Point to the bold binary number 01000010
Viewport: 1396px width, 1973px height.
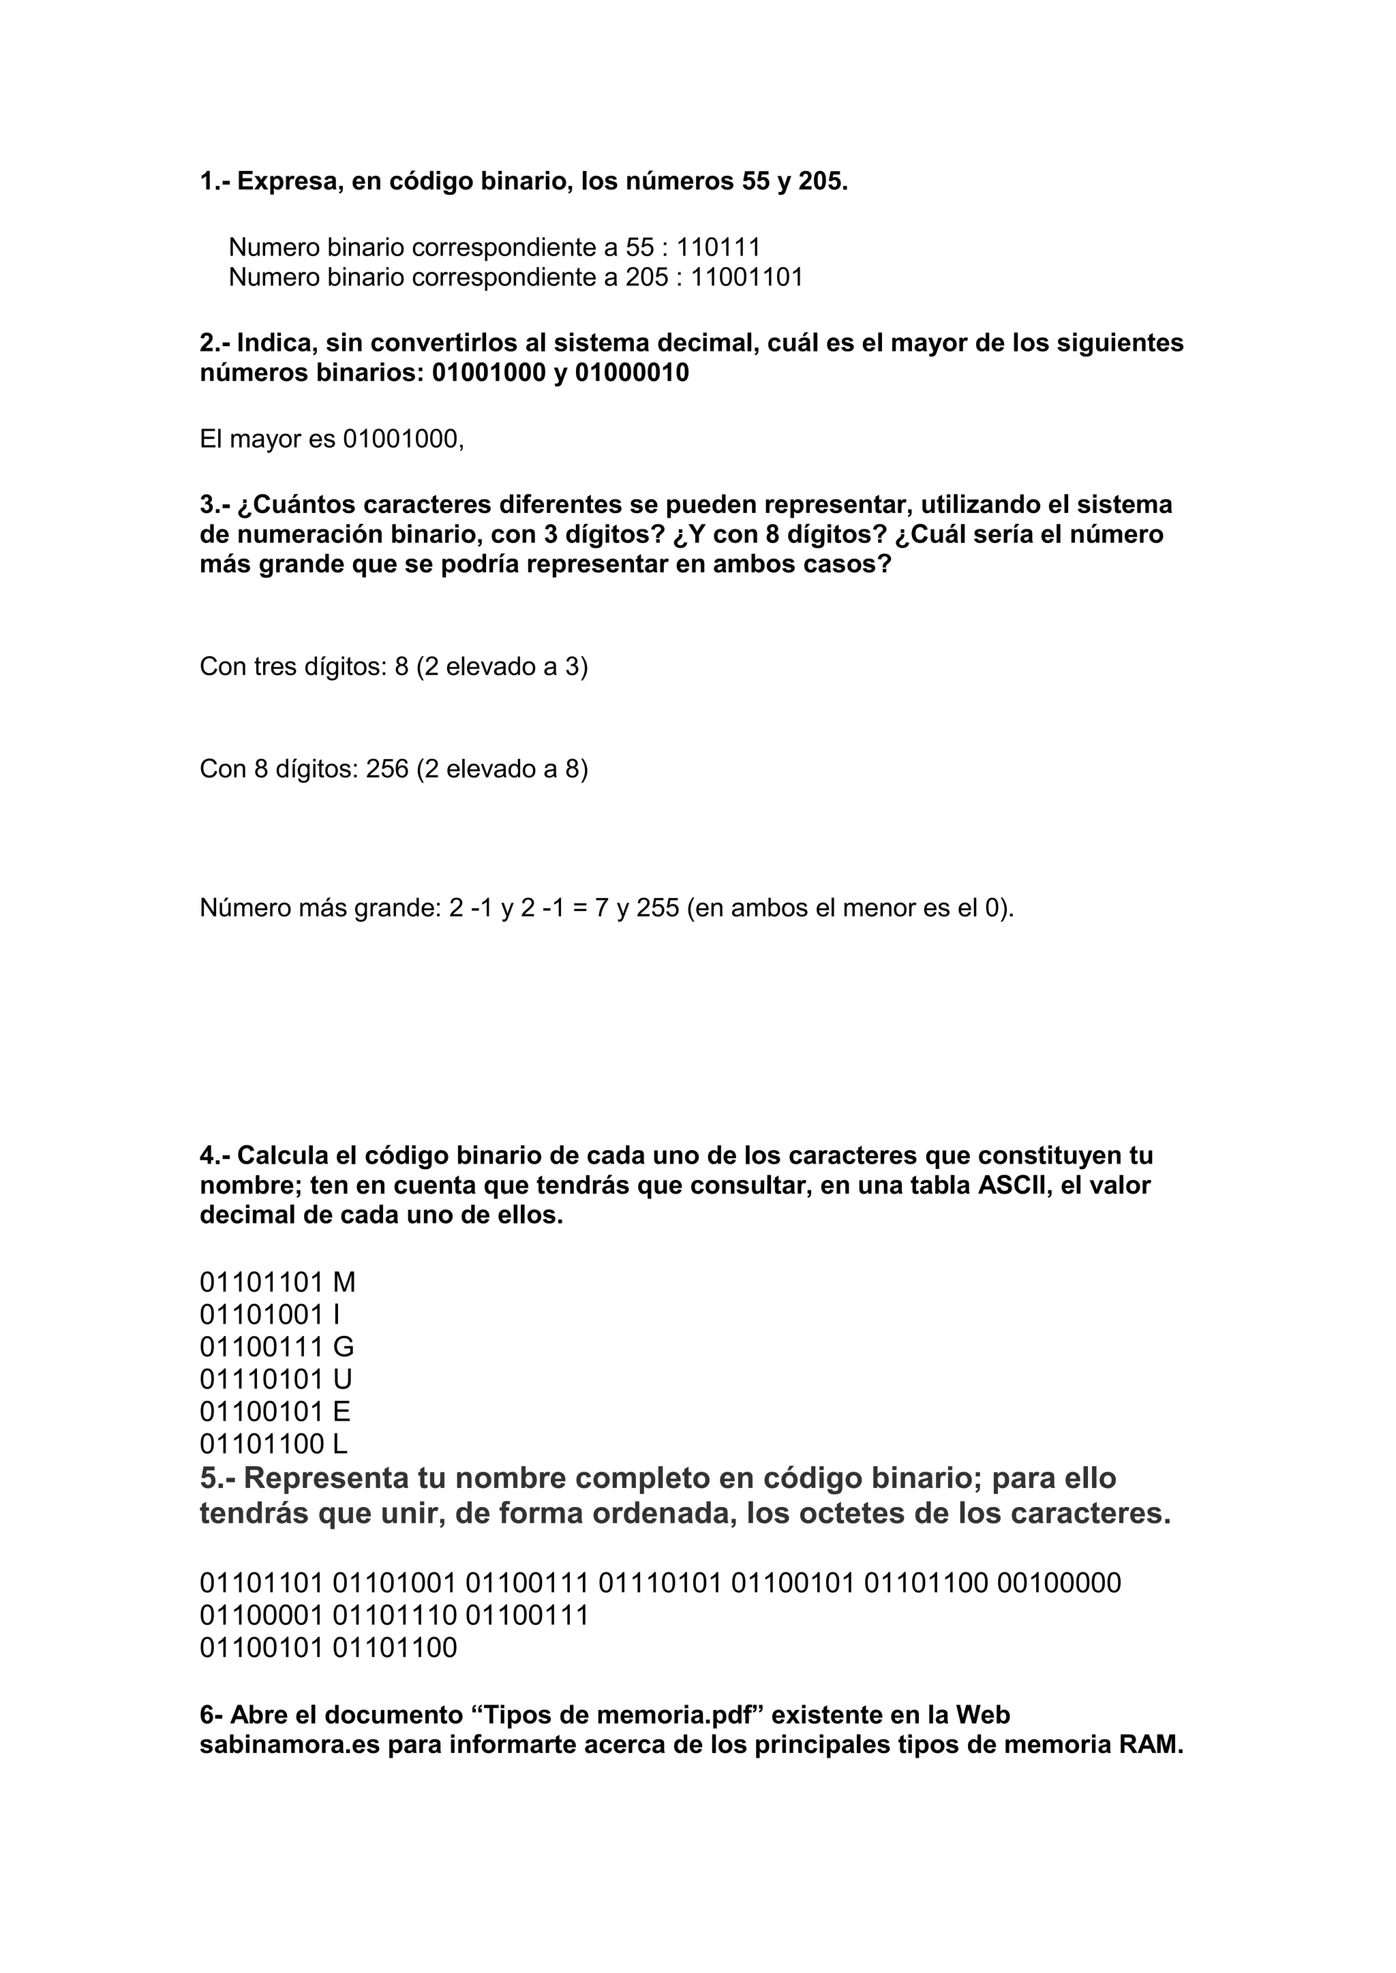coord(632,374)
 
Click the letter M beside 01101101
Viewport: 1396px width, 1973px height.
coord(344,1283)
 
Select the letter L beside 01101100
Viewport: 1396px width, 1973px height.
coord(339,1444)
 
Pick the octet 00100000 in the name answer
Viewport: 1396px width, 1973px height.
coord(1059,1583)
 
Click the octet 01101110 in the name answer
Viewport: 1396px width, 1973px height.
coord(395,1615)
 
